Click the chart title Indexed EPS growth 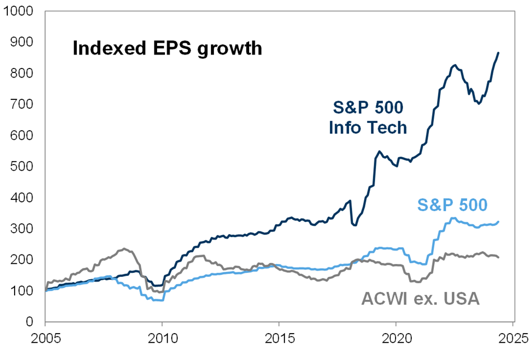167,48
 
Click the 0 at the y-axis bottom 31,322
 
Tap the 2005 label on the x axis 45,339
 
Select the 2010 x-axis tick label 162,339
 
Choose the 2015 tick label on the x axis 279,339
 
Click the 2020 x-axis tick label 396,339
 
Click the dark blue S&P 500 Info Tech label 367,117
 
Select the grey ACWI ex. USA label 420,298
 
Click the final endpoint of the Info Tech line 498,53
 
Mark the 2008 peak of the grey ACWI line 124,249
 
